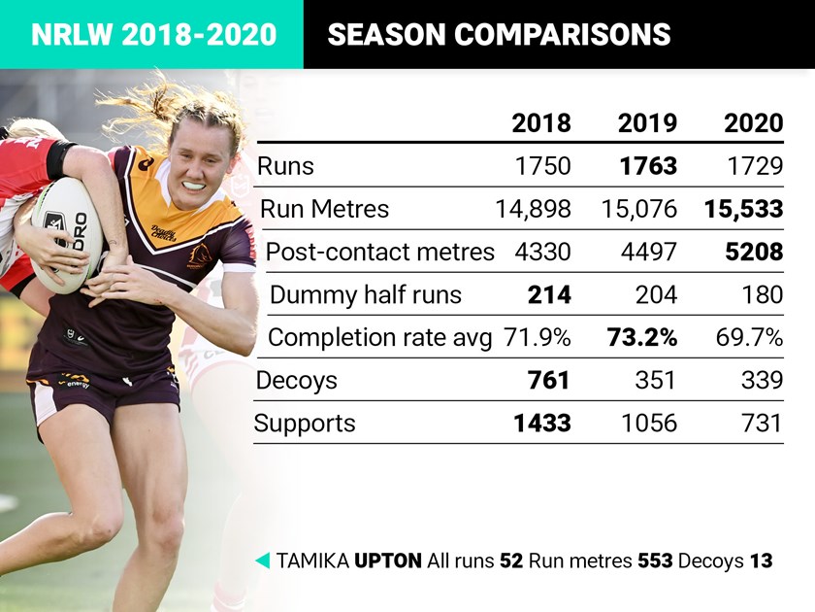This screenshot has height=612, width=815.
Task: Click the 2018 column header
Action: [x=541, y=123]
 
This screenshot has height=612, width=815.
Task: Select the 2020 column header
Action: [x=753, y=123]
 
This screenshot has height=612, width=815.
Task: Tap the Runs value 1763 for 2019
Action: [x=648, y=165]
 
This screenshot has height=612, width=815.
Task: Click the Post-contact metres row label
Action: [x=379, y=251]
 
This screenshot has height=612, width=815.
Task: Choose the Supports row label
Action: [x=305, y=423]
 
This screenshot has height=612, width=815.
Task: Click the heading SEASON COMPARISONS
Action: [x=499, y=35]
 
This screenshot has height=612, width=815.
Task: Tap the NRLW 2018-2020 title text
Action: [x=153, y=35]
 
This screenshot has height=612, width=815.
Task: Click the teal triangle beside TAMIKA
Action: [x=261, y=561]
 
